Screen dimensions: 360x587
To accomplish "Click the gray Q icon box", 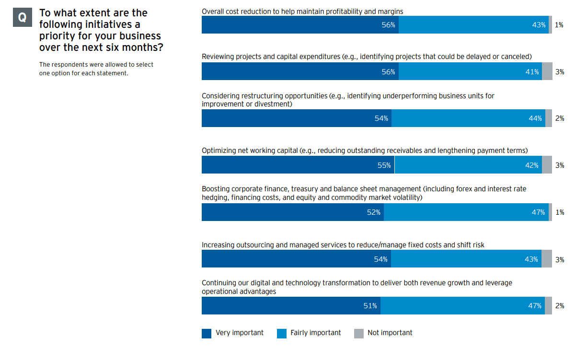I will click(22, 18).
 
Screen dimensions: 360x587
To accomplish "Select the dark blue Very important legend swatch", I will click(207, 334).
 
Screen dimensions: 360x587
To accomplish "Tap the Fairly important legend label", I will click(315, 333).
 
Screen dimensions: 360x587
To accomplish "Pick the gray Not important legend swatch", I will click(359, 334).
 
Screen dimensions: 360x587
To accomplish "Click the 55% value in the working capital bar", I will click(384, 165).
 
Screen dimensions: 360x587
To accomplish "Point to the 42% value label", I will click(531, 165).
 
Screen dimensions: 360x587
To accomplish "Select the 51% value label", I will click(370, 306).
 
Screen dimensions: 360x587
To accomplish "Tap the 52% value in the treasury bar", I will click(374, 212).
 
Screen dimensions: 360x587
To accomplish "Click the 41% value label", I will click(532, 72).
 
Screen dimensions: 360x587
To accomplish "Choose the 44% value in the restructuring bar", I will click(535, 118).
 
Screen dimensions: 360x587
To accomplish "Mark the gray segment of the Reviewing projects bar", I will click(547, 71).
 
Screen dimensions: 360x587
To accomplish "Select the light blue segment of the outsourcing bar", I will click(466, 259).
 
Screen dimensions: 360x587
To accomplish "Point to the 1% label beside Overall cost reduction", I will click(559, 25).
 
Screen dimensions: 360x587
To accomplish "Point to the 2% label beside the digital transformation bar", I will click(559, 306).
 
